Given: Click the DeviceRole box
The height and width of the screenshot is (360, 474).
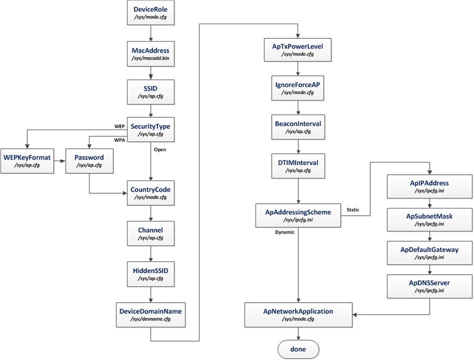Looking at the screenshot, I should (x=151, y=13).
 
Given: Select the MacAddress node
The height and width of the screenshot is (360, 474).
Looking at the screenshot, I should (x=151, y=54).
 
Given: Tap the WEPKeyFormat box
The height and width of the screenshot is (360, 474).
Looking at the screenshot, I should (x=27, y=161).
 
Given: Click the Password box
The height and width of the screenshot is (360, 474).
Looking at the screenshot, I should (x=89, y=161).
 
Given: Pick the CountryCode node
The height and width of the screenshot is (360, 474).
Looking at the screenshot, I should (x=151, y=193).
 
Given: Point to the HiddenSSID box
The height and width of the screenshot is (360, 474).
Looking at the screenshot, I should (x=151, y=274).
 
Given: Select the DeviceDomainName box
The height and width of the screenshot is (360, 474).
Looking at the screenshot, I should (x=151, y=315).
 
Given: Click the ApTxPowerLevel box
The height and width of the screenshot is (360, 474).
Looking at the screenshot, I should (x=298, y=49).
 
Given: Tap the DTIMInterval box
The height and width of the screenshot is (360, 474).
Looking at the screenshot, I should (x=298, y=166).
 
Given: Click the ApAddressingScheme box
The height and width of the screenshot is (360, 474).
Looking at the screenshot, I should (x=298, y=215).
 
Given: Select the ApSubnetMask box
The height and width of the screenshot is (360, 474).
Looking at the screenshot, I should (x=429, y=219).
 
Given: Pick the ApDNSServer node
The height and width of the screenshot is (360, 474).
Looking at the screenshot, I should (x=429, y=286).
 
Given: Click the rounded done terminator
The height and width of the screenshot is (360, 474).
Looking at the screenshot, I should (x=298, y=349).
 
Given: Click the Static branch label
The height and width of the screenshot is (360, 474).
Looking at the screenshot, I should (x=353, y=210).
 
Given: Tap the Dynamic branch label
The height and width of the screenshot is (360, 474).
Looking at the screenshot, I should (x=284, y=232).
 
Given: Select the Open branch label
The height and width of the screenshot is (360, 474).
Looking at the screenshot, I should (x=160, y=149).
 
